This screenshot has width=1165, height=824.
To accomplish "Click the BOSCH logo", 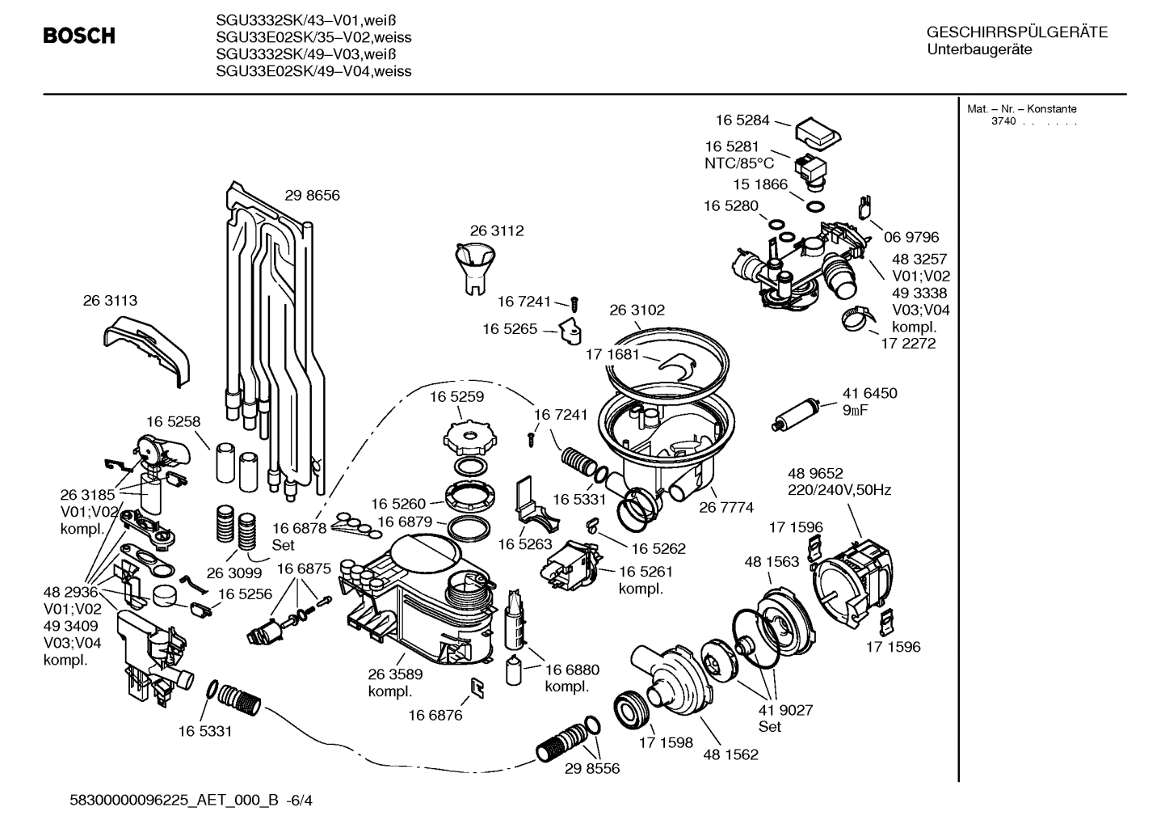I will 78,36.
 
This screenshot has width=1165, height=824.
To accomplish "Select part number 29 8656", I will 312,195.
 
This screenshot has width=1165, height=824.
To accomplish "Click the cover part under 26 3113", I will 147,349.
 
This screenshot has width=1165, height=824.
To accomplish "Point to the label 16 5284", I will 742,120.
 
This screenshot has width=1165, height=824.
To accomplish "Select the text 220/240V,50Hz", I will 839,490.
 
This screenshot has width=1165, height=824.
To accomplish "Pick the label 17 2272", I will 908,343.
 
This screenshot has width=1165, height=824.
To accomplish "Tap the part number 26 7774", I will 726,507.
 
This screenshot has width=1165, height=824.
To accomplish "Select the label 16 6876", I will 435,714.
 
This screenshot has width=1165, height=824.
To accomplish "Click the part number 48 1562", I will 730,754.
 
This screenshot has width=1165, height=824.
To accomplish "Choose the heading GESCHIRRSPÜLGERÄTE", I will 1016,33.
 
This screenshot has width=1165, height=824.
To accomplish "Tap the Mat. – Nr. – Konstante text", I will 1021,109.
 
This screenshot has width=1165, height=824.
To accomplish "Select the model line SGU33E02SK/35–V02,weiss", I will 313,37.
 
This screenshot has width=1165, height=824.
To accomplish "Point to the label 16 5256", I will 245,594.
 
